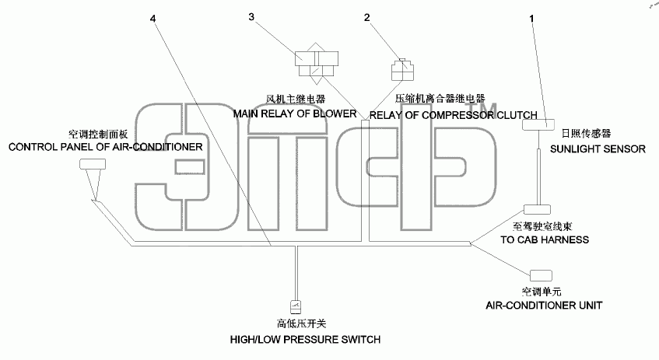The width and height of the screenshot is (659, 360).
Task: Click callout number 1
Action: pos(531,19)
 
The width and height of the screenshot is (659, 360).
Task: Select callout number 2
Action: pos(367,17)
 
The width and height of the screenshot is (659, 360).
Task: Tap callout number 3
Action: pos(251,17)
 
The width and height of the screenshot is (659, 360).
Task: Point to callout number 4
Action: pos(152,19)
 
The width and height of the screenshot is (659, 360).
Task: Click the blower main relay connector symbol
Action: pos(317,64)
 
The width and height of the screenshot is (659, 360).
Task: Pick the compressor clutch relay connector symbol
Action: pos(402,70)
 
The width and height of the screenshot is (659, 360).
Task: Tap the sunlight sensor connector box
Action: pos(538,124)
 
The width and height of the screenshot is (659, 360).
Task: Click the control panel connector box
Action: pos(93,164)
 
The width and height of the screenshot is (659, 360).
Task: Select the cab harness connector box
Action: pos(537,209)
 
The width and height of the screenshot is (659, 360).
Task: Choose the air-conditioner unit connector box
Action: pos(541,275)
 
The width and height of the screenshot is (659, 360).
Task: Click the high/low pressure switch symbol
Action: pos(296,307)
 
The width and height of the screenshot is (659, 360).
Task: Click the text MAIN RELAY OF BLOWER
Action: pos(295,114)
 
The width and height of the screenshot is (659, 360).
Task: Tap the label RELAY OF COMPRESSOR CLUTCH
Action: pos(453,115)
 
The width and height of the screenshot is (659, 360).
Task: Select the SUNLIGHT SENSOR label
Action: pos(598,149)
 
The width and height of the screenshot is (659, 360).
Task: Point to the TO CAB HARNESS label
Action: pos(545,239)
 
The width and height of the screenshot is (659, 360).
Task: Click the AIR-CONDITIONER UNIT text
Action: pos(544,306)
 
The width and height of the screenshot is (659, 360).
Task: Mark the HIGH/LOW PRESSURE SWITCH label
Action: pos(305,340)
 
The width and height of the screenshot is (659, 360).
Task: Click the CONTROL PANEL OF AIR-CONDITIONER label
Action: pos(106,147)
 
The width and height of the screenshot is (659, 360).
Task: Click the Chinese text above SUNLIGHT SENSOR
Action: pos(586,134)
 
